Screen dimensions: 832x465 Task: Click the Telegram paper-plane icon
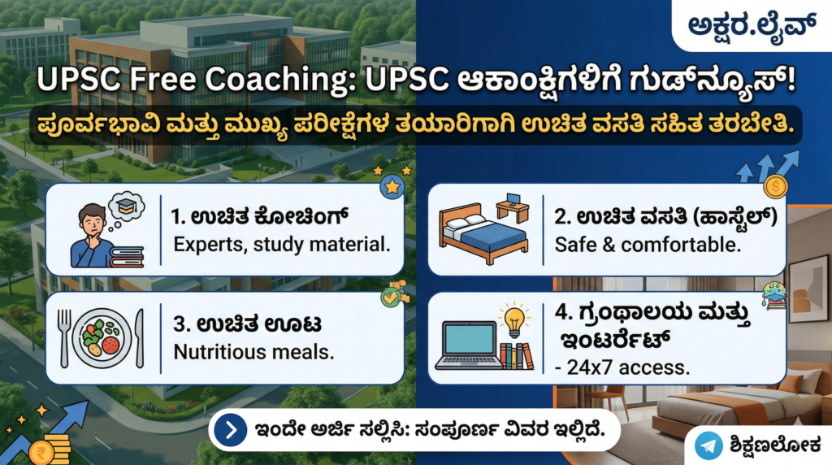point(708,445)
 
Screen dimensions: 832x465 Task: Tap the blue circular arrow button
point(230,430)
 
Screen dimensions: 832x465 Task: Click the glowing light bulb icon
point(513,320)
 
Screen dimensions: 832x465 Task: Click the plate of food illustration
point(102,339)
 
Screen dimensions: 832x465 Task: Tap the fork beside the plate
point(63,339)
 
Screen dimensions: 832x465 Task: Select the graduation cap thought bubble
point(126,207)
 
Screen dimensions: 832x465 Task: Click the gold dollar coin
point(775,186)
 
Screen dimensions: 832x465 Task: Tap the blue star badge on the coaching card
point(392,187)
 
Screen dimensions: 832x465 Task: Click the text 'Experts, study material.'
point(282,245)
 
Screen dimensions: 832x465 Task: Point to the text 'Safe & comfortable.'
point(648,245)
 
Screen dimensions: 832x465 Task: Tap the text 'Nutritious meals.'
point(253,352)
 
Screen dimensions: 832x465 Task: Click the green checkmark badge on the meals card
point(392,298)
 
